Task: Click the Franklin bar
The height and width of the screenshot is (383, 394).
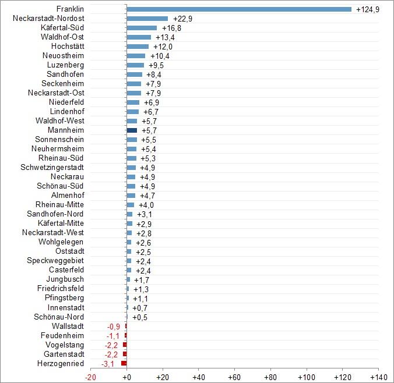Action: coord(239,9)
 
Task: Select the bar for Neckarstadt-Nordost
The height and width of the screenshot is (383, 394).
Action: coord(147,19)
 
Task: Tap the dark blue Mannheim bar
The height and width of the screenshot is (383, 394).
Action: coord(132,130)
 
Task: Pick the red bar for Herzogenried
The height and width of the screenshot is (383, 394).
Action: coord(124,363)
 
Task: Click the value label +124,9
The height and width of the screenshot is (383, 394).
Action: coord(367,9)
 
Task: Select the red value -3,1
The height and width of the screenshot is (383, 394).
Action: coord(108,364)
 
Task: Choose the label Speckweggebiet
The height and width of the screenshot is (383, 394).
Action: coord(55,261)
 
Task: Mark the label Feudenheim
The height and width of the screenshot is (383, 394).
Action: coord(62,335)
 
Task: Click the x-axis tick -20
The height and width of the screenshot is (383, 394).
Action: coord(90,377)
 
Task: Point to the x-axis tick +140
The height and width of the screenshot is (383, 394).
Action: coord(370,377)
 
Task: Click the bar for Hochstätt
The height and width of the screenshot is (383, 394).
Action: coord(138,47)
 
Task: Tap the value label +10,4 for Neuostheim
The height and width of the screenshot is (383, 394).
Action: coord(160,56)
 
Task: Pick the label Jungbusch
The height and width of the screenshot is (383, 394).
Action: coord(65,279)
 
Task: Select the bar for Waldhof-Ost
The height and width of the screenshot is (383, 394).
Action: coord(139,37)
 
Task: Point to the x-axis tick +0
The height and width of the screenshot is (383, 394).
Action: coord(126,377)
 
